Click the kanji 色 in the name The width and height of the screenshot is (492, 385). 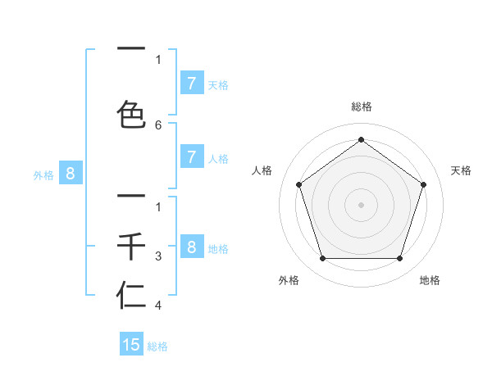point(131,114)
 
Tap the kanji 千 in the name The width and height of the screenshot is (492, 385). point(131,246)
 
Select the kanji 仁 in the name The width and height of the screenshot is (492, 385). point(131,296)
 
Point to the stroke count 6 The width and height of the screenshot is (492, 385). point(158,125)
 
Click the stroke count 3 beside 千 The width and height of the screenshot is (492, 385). point(158,257)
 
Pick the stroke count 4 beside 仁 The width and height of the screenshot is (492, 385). point(158,306)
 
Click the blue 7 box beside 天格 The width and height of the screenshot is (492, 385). point(191,83)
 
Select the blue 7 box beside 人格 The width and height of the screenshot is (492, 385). point(191,157)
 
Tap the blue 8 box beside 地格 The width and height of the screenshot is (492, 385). point(191,247)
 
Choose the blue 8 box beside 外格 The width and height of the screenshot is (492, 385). point(71,173)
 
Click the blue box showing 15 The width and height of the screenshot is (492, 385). point(131,345)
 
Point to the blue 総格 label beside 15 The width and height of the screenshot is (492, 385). point(157,346)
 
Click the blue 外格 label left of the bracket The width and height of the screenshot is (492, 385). point(43,174)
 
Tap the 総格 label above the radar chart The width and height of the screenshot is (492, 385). point(361,106)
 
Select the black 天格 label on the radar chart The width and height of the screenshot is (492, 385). point(461,170)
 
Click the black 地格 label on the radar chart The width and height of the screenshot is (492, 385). point(430,280)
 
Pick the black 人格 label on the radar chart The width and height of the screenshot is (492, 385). point(262,170)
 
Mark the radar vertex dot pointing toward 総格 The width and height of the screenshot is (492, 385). point(361,140)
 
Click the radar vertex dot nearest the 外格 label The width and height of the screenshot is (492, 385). point(322,259)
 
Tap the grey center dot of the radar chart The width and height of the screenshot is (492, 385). point(361,205)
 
